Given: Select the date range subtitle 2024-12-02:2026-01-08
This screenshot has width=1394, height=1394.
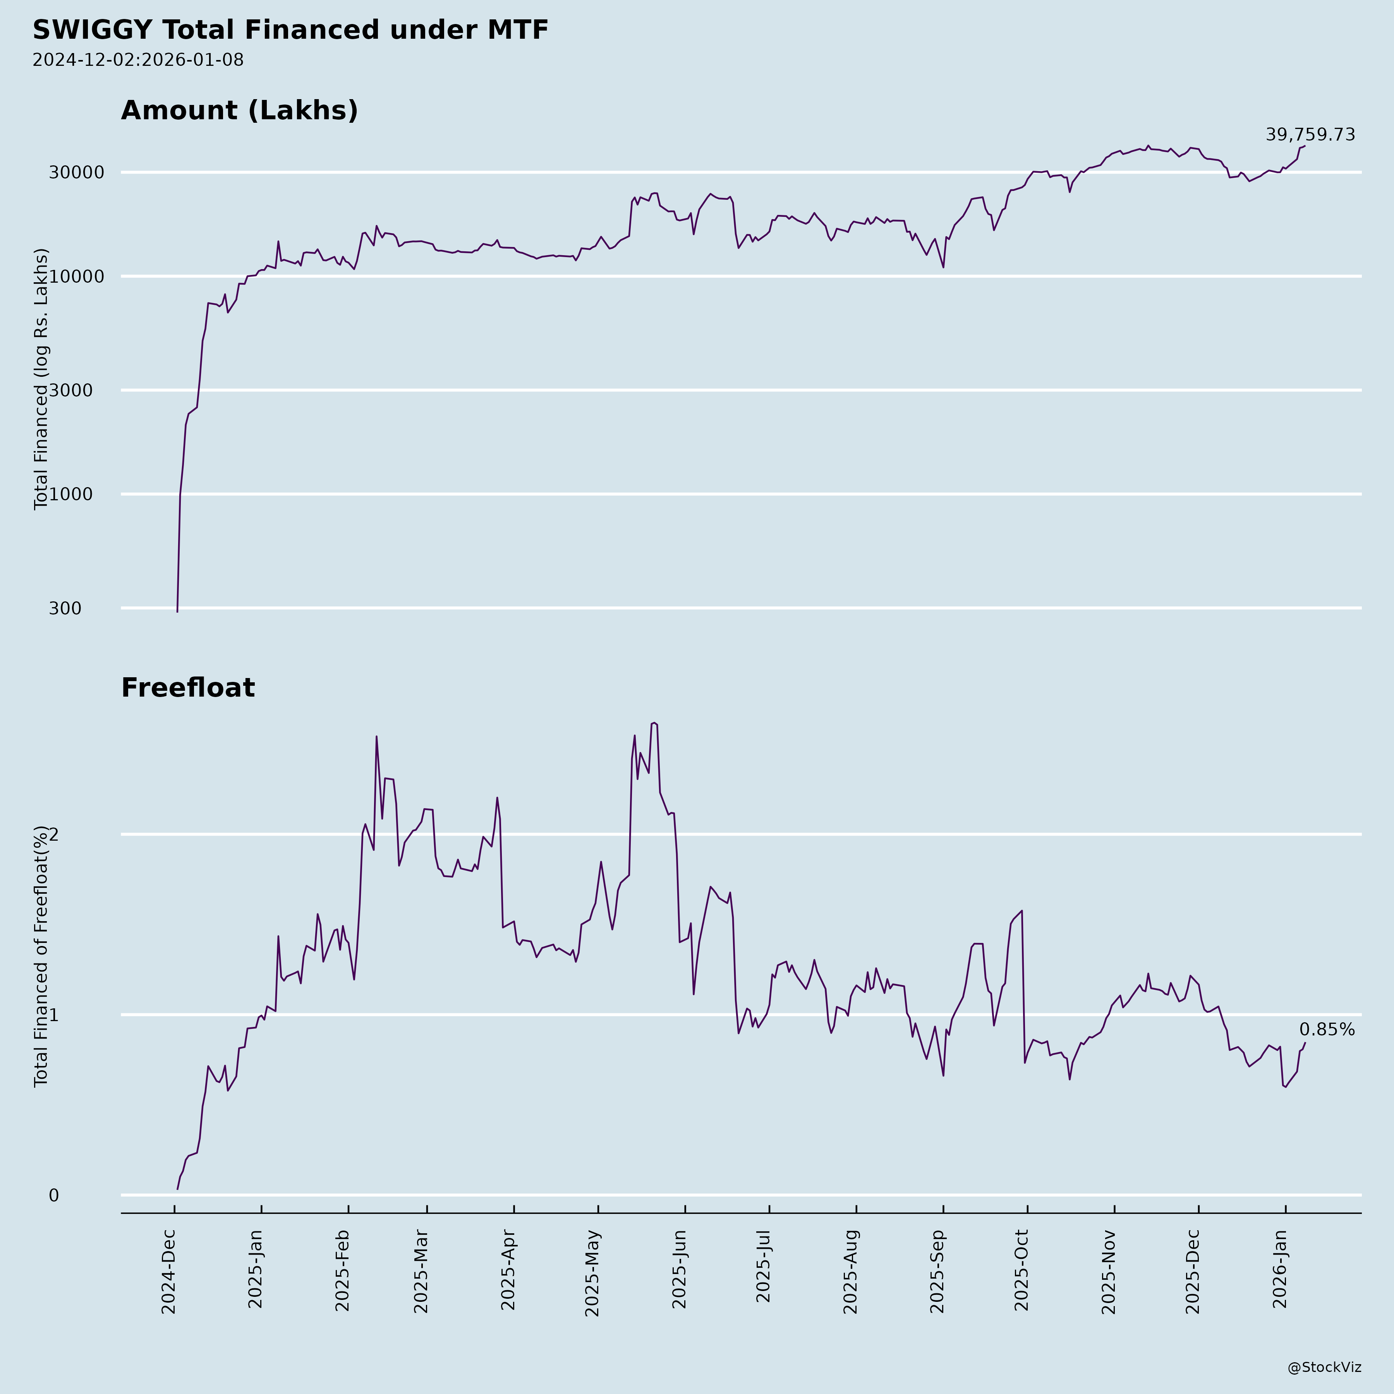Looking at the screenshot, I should pos(138,60).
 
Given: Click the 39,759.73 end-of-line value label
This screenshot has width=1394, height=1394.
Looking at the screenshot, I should pos(1310,135).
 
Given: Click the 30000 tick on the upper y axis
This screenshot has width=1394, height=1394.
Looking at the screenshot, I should pos(77,172).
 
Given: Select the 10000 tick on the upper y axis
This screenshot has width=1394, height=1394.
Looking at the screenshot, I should pos(77,276).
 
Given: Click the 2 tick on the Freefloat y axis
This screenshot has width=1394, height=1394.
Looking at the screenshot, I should pos(53,835).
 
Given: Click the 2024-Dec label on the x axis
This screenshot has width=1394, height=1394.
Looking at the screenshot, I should pos(169,1272).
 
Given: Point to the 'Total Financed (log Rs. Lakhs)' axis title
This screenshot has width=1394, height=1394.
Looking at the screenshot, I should pos(41,379).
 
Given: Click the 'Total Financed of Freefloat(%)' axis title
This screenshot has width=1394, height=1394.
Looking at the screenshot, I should pos(41,956).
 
